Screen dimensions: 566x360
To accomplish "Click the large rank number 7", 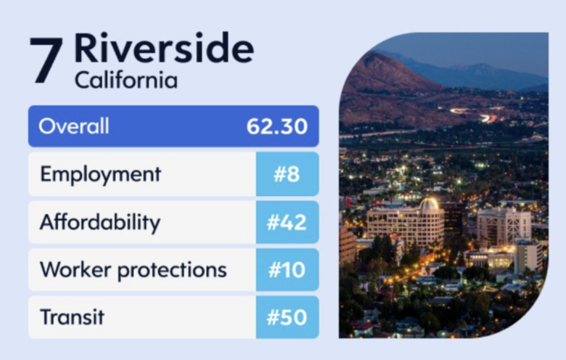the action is tap(46, 60).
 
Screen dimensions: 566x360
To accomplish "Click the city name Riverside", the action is tap(164, 48).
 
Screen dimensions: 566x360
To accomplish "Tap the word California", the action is tap(126, 80).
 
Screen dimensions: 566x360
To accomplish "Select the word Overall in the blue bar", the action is tap(74, 126).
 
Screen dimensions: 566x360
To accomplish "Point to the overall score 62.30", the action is tap(277, 126).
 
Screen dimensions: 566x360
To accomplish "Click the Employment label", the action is tap(100, 175).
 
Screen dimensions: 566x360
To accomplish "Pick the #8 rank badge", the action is tap(287, 174).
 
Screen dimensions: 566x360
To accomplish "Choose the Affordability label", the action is tap(100, 222).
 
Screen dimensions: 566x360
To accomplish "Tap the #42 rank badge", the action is tap(287, 222).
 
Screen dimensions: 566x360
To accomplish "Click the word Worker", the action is tap(75, 269).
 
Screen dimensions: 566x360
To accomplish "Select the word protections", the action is tap(172, 271).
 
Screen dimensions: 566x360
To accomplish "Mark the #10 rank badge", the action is tap(287, 270).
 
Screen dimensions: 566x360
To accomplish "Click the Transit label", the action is tap(72, 317).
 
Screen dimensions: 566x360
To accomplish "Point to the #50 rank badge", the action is tap(287, 317).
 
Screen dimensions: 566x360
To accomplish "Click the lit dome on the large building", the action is tap(429, 204).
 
